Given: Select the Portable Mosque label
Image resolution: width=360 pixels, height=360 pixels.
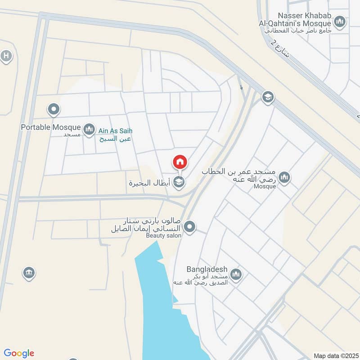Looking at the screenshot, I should pyautogui.click(x=51, y=127).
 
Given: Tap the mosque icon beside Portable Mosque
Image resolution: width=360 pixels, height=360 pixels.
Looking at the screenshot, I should pyautogui.click(x=89, y=130).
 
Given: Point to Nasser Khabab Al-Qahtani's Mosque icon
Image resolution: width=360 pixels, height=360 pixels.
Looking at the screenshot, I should pyautogui.click(x=340, y=21).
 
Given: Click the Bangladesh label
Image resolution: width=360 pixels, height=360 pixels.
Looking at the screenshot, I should pyautogui.click(x=205, y=270).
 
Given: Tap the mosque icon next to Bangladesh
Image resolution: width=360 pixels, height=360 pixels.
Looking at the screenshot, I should pyautogui.click(x=236, y=274).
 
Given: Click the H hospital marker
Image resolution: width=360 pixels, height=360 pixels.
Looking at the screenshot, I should pyautogui.click(x=6, y=56).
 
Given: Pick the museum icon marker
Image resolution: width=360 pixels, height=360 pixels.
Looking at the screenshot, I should pyautogui.click(x=29, y=273).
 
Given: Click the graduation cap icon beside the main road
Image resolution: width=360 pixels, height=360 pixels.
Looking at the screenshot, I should pyautogui.click(x=268, y=97).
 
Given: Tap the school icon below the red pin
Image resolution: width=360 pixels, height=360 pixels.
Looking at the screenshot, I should pyautogui.click(x=180, y=182).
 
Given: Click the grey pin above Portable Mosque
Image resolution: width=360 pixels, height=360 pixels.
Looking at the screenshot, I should pyautogui.click(x=54, y=109).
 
